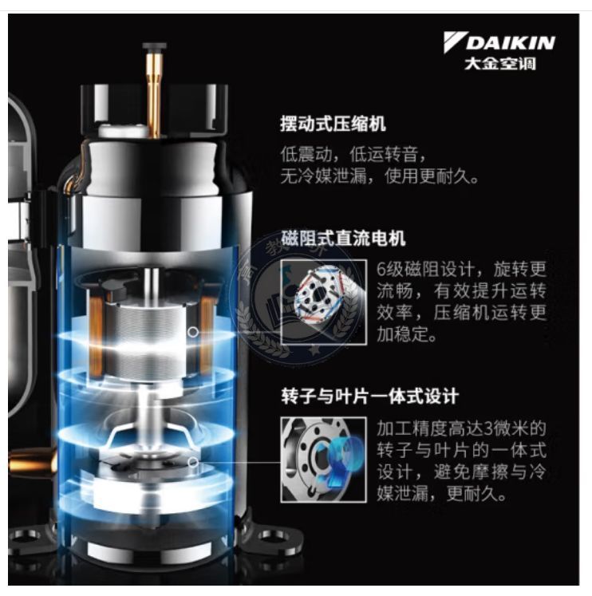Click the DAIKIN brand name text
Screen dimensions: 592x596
(x=511, y=43)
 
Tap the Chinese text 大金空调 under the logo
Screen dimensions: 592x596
(x=499, y=64)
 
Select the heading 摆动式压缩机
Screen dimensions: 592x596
(x=333, y=124)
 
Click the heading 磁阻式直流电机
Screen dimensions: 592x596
(x=343, y=239)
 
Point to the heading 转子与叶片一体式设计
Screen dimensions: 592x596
(x=369, y=397)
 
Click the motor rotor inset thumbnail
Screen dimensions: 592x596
(x=324, y=302)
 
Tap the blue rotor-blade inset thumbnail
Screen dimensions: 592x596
(x=324, y=460)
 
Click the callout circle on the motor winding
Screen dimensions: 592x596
(x=193, y=332)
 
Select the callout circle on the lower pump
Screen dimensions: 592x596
(x=193, y=462)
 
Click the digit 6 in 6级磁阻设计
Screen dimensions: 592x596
(x=381, y=269)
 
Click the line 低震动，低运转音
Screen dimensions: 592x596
(x=353, y=154)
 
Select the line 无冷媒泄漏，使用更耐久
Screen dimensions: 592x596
(x=379, y=176)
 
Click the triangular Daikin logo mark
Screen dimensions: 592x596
(x=455, y=41)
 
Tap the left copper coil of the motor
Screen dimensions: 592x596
(x=96, y=334)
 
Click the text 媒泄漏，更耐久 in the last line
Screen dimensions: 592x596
(x=441, y=493)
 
